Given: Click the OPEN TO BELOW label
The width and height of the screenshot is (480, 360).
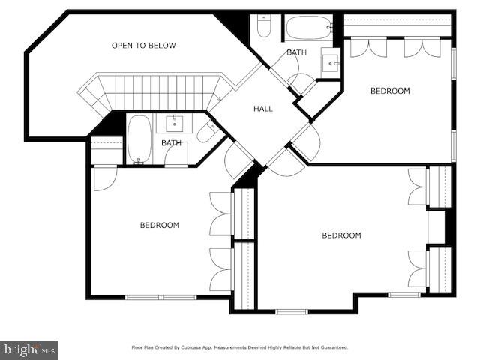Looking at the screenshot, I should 144,46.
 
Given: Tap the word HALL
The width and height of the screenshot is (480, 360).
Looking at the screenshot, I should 263,109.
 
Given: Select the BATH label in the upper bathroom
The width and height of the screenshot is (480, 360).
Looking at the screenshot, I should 296,52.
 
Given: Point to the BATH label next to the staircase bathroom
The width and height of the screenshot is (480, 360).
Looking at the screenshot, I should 172,142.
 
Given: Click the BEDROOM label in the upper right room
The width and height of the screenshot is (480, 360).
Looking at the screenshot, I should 390,91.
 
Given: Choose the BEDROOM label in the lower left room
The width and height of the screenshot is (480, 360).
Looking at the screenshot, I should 160,225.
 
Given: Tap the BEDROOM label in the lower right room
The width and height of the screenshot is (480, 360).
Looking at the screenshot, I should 341,235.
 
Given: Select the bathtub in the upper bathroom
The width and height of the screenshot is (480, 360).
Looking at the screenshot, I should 308,28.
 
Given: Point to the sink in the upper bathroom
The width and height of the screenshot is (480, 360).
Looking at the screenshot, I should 331,61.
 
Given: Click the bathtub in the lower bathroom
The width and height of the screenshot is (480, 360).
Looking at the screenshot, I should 139,139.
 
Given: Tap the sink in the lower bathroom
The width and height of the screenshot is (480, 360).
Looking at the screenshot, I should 174,122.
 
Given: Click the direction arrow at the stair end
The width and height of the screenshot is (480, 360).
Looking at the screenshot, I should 218,96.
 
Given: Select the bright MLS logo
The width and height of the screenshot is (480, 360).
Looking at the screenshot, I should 29,349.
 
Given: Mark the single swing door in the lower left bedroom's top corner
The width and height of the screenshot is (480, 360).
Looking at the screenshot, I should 104,178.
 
